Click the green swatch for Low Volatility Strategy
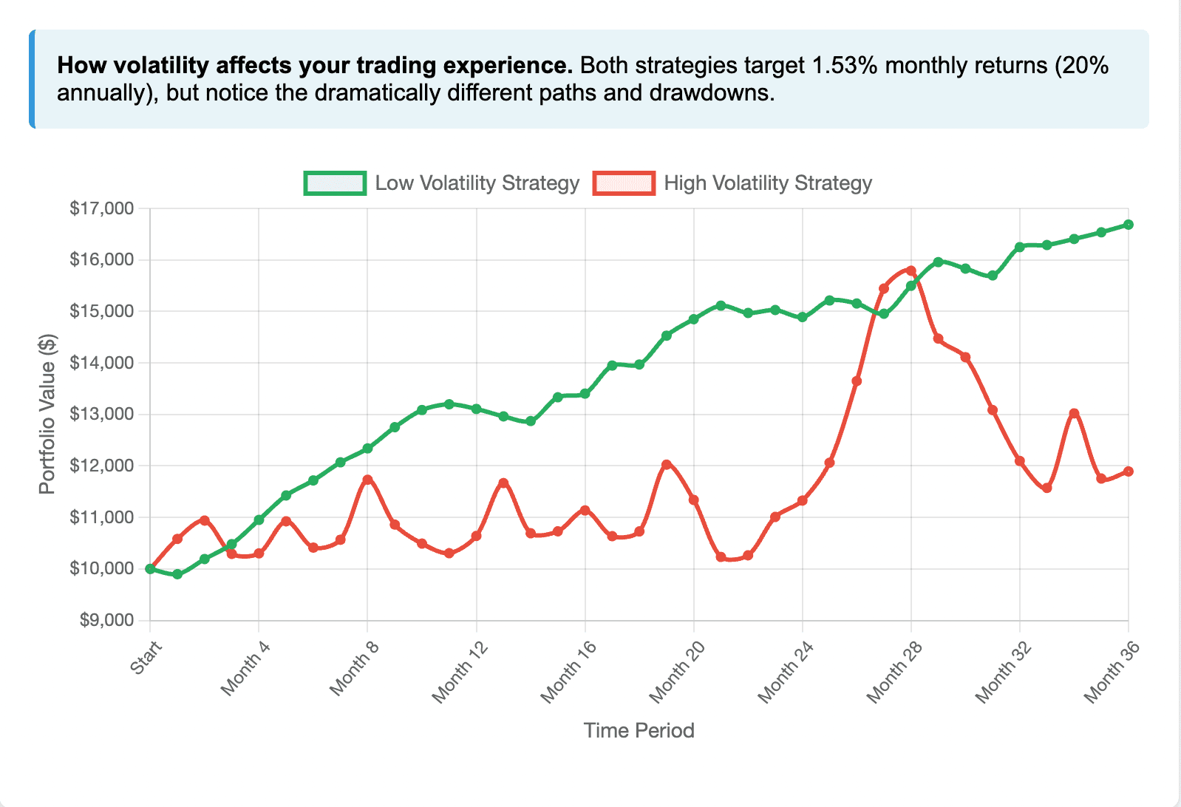pos(335,183)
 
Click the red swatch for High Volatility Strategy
pos(624,183)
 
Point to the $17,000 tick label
pos(102,208)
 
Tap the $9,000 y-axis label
pos(106,620)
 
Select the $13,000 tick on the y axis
pos(102,414)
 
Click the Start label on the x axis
pos(146,658)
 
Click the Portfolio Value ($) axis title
pos(47,415)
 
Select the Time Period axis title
pos(639,731)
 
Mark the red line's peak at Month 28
pos(911,271)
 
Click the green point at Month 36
pos(1129,225)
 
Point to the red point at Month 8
pos(367,480)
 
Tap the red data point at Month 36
pos(1129,471)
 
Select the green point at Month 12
pos(476,409)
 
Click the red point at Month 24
pos(802,501)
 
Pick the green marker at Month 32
pos(1020,247)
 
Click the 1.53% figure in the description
pos(845,66)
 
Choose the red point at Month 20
pos(693,500)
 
